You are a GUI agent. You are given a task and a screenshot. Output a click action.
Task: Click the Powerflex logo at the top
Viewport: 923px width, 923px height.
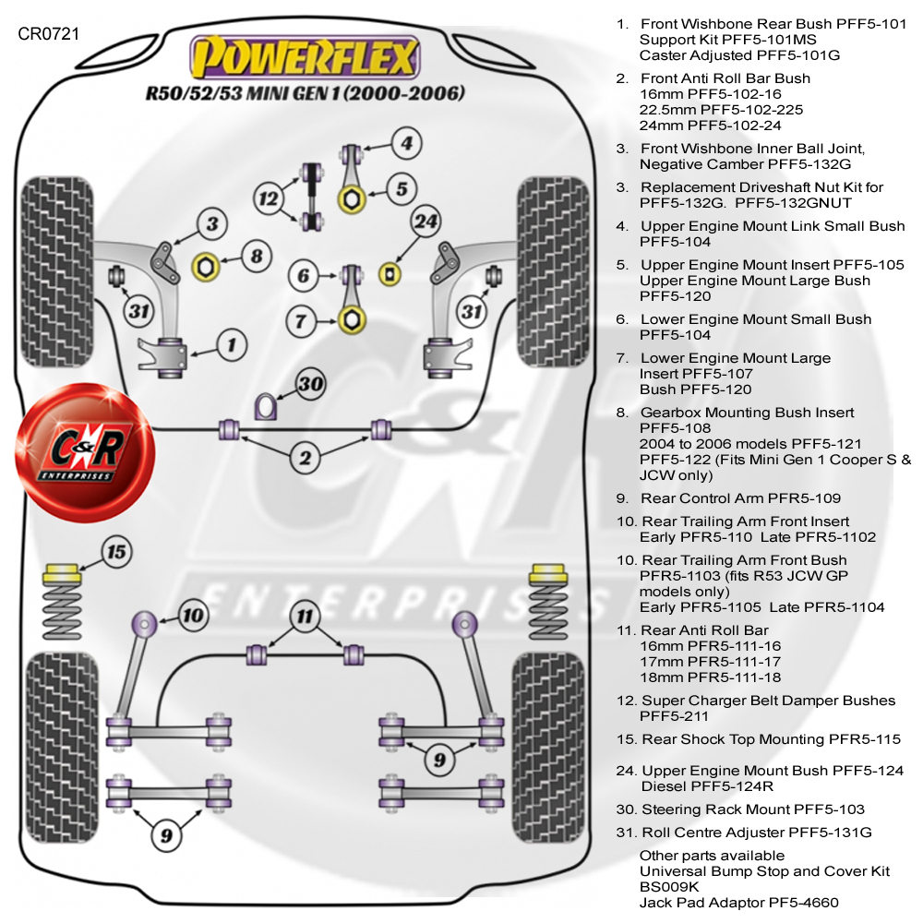(x=304, y=58)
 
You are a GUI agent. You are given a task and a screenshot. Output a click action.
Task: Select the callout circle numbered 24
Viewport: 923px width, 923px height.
(x=426, y=222)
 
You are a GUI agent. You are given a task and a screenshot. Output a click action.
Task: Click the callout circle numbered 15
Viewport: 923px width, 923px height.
(x=115, y=554)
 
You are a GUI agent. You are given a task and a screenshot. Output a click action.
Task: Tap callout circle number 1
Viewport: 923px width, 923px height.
(x=232, y=345)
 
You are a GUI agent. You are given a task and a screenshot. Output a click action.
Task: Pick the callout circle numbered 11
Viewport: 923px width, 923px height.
(x=305, y=617)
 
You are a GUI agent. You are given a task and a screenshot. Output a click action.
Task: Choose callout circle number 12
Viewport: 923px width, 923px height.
(x=268, y=197)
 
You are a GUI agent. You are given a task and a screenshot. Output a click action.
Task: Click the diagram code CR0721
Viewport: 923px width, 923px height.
(x=48, y=34)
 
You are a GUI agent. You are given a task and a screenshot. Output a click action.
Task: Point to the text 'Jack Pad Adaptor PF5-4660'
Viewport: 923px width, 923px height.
(x=739, y=903)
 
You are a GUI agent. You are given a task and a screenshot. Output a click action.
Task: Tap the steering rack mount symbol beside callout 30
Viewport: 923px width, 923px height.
(x=265, y=404)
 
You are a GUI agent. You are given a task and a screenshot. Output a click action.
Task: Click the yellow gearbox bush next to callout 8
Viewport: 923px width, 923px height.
(x=205, y=267)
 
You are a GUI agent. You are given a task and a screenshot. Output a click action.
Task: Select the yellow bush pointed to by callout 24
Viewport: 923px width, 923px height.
(x=391, y=272)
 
